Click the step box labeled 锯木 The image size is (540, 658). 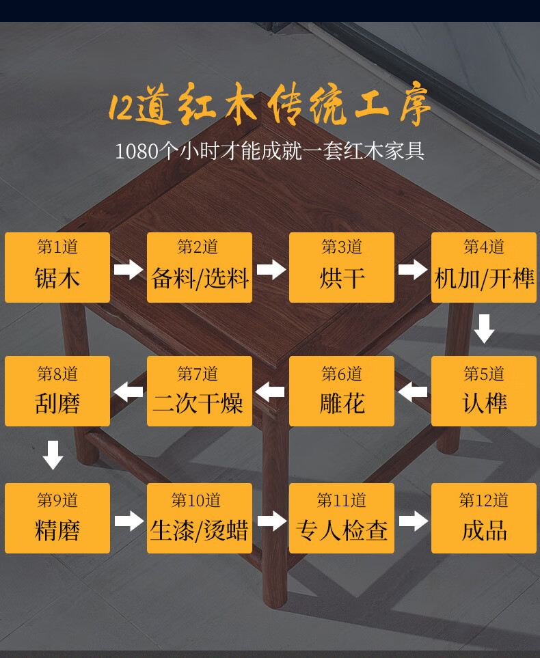click(x=57, y=267)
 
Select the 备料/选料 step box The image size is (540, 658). click(x=200, y=267)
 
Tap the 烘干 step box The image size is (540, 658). click(x=342, y=267)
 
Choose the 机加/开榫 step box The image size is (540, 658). click(x=484, y=267)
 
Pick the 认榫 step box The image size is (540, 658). click(x=484, y=391)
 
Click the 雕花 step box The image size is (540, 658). click(x=342, y=391)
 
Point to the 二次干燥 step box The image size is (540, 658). click(x=200, y=391)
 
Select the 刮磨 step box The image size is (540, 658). click(x=57, y=391)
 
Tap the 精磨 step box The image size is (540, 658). click(x=57, y=518)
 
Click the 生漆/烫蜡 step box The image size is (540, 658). click(x=200, y=518)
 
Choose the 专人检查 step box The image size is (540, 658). click(x=342, y=518)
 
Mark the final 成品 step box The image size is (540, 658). click(x=484, y=518)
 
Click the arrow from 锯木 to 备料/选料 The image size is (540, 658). click(x=129, y=269)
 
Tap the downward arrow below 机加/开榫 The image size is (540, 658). click(x=485, y=329)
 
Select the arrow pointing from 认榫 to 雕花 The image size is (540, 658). click(x=413, y=392)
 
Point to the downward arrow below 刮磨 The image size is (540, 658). click(x=53, y=455)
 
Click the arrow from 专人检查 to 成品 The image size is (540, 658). click(x=413, y=521)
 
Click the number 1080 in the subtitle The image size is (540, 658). click(x=137, y=151)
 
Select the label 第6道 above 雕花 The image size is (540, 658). click(x=342, y=374)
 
